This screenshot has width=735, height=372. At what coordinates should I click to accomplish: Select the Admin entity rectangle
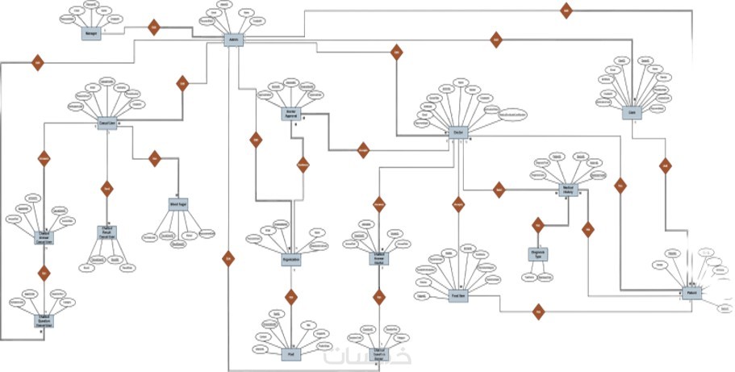(234, 40)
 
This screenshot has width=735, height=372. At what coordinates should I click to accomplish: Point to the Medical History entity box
(571, 189)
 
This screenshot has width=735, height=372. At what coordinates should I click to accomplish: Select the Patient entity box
(691, 292)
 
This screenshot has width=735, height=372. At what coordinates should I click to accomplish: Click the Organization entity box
(291, 260)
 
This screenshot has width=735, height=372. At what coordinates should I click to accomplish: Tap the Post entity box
(291, 352)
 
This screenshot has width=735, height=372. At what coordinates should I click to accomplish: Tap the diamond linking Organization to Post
(291, 297)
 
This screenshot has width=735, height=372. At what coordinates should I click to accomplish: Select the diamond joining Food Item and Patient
(538, 311)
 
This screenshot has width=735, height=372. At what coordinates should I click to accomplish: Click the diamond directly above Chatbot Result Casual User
(106, 190)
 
